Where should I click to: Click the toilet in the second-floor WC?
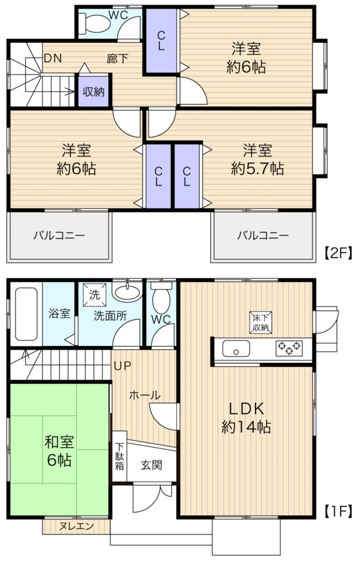click(94, 23)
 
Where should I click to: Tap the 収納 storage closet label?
click(94, 92)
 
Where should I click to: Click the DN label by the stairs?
click(53, 58)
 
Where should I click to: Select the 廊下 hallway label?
click(117, 59)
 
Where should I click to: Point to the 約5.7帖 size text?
click(257, 168)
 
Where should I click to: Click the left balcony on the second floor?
click(59, 235)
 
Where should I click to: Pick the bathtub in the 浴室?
click(26, 314)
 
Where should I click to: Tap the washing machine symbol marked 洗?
click(94, 295)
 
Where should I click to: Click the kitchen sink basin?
click(236, 348)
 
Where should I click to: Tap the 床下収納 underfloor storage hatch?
click(261, 322)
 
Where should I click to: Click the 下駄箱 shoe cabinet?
click(120, 456)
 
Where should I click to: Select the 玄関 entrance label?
click(151, 465)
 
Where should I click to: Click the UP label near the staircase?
click(122, 366)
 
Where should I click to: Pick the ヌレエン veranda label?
click(76, 526)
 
